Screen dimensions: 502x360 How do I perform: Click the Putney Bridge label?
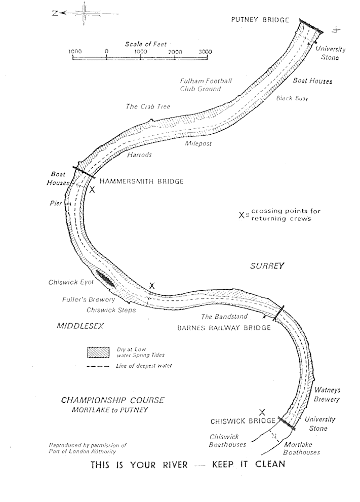pyautogui.click(x=260, y=20)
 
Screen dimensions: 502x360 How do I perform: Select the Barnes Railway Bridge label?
pyautogui.click(x=224, y=328)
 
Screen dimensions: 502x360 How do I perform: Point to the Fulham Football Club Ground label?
pyautogui.click(x=206, y=85)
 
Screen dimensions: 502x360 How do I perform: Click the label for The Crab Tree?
pyautogui.click(x=148, y=107)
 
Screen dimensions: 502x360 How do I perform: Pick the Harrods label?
pyautogui.click(x=139, y=155)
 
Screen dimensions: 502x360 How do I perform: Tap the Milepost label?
pyautogui.click(x=198, y=143)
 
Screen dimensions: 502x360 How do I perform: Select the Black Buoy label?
pyautogui.click(x=292, y=98)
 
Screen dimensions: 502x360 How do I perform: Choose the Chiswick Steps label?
pyautogui.click(x=111, y=310)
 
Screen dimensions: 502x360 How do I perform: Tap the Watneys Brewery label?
pyautogui.click(x=327, y=395)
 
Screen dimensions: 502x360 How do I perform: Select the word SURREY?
pyautogui.click(x=268, y=265)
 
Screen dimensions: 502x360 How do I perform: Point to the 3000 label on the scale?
pyautogui.click(x=205, y=52)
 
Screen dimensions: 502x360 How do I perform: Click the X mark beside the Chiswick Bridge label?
pyautogui.click(x=262, y=412)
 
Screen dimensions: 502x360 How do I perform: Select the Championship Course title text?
pyautogui.click(x=113, y=400)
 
